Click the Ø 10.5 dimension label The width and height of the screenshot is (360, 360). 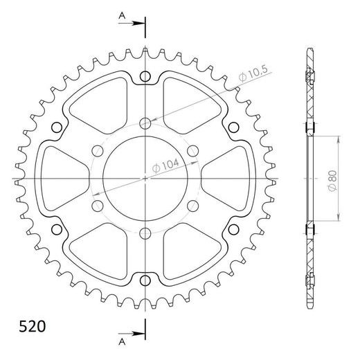(253, 74)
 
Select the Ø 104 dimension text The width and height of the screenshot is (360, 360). (165, 165)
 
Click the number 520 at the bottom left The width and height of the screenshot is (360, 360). (33, 326)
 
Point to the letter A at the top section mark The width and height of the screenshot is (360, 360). (122, 16)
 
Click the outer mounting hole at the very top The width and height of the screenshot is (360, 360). (145, 76)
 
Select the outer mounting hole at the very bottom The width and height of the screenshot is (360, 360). (145, 280)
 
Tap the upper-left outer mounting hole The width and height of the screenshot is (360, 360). (57, 127)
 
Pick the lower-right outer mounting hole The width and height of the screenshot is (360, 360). (233, 229)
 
